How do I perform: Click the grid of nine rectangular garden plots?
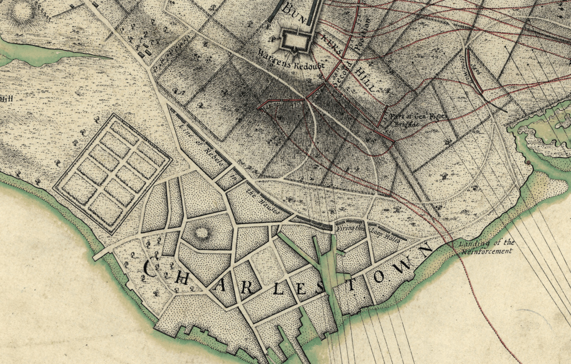[112, 172]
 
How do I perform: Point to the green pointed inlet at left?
[58, 53]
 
